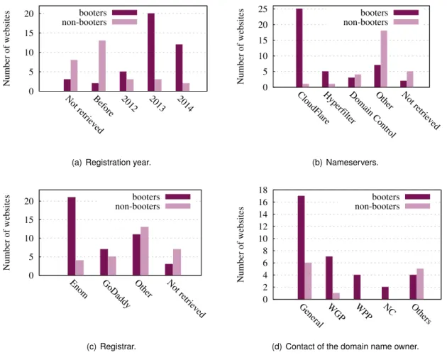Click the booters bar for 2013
click(151, 53)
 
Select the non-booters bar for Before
click(102, 66)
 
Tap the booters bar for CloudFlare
click(299, 48)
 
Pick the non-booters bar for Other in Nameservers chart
click(384, 59)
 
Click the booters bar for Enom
click(72, 236)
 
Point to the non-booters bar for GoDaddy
click(112, 266)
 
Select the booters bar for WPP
click(357, 287)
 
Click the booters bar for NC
click(385, 293)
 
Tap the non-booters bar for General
click(308, 281)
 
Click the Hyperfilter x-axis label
click(339, 108)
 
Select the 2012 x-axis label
click(129, 103)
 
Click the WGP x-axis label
click(337, 312)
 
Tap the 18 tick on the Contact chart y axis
click(264, 190)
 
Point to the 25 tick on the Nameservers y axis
click(264, 9)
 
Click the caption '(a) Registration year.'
click(111, 163)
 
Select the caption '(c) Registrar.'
click(111, 347)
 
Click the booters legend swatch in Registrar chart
click(178, 197)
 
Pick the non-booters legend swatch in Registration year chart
click(125, 22)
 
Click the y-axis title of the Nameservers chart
click(241, 46)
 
